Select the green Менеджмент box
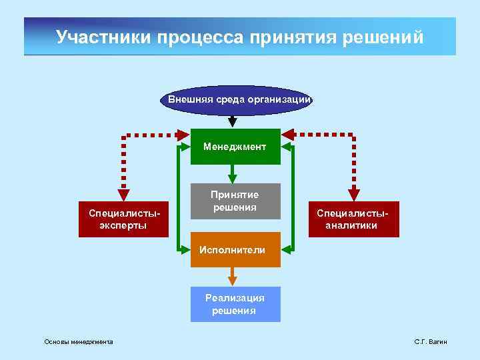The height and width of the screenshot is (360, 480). click(235, 146)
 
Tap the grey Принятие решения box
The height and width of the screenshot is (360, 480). click(235, 201)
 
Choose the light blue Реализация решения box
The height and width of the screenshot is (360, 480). click(235, 305)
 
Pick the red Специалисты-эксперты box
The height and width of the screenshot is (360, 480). click(123, 219)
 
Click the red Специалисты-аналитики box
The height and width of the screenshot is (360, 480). click(354, 219)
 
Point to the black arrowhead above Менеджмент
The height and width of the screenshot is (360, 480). click(232, 122)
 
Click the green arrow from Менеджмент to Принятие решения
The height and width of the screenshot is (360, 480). click(232, 174)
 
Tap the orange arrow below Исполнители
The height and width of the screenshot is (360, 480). click(232, 277)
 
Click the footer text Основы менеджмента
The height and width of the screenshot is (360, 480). click(79, 342)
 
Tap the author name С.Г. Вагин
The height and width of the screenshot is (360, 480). click(431, 342)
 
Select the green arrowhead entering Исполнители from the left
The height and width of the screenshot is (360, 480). click(185, 250)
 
